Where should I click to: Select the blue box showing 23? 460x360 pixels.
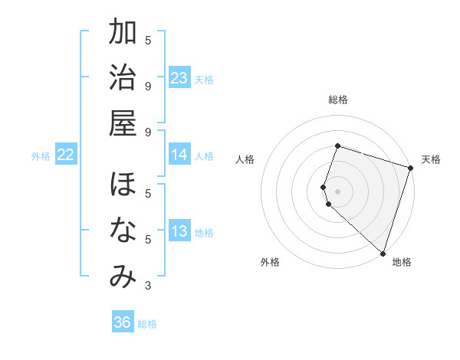tap(179, 78)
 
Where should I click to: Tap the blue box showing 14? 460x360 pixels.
tap(179, 155)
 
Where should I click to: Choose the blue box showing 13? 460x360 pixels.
tap(179, 231)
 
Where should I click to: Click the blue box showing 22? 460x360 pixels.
tap(66, 155)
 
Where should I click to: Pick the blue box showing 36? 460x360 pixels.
tap(123, 322)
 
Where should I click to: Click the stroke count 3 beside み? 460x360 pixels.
tap(148, 286)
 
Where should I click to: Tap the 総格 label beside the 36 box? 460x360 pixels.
tap(147, 324)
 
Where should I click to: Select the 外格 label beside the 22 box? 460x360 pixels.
tap(41, 156)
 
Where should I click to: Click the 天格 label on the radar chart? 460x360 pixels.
tap(431, 159)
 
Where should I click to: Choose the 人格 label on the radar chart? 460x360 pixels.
tap(245, 159)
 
